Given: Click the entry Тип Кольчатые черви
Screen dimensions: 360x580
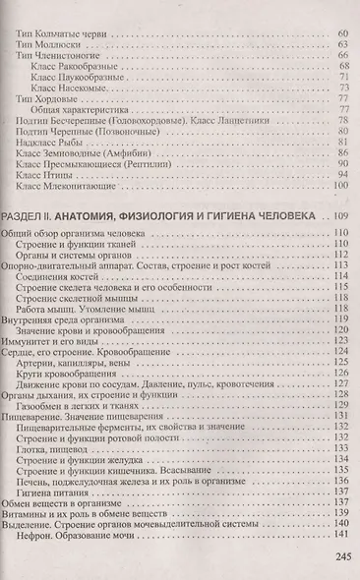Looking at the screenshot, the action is (x=65, y=34).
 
